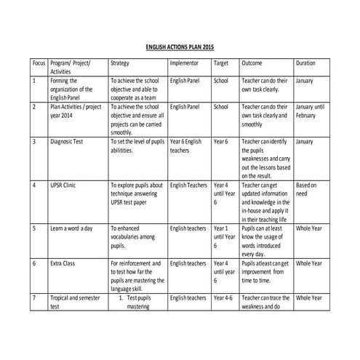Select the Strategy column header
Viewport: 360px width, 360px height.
120,63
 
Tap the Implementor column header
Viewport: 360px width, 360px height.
184,63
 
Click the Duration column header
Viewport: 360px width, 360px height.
306,63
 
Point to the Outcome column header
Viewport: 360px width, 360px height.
252,63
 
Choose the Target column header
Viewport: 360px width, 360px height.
220,63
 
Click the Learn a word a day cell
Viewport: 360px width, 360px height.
71,228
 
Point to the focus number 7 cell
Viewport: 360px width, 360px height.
35,297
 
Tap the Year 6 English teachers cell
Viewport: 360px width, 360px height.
185,145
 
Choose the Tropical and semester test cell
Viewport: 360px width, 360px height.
73,302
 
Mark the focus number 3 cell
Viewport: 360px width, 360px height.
35,141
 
